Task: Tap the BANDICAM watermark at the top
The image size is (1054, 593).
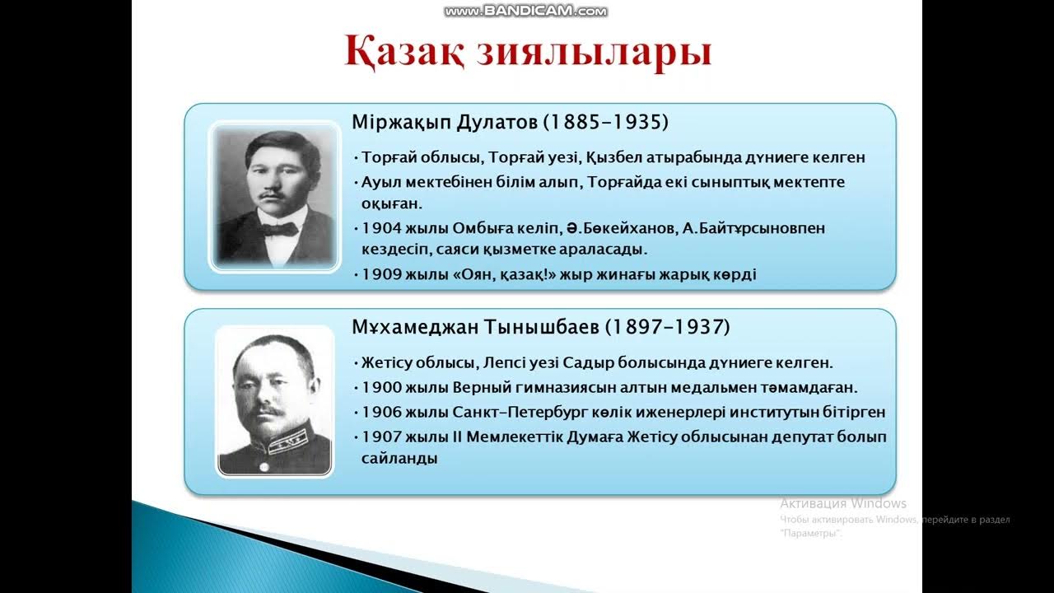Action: click(x=525, y=11)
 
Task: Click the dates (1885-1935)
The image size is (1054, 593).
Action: click(x=605, y=123)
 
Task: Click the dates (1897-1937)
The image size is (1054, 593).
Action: click(x=668, y=327)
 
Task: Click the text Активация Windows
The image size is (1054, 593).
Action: click(x=843, y=503)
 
